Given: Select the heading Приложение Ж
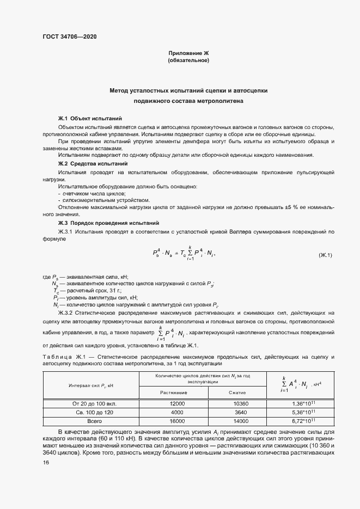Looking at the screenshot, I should click(x=188, y=53).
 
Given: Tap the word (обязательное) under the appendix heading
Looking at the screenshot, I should click(x=188, y=60).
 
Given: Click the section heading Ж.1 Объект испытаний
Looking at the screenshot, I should click(x=90, y=118).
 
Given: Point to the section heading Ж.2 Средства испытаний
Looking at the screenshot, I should click(x=93, y=163).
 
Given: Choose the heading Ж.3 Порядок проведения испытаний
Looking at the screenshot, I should click(x=108, y=223).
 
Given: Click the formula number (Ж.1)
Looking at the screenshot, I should click(x=325, y=255).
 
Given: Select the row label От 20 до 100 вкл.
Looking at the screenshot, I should click(x=91, y=404).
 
